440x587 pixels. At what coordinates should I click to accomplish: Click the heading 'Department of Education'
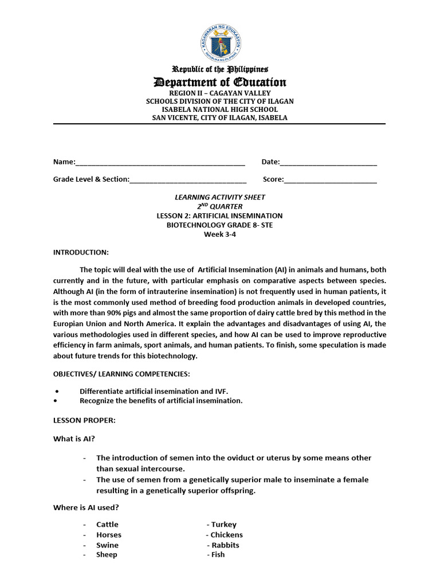[219, 82]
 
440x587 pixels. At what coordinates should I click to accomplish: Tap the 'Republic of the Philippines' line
[219, 69]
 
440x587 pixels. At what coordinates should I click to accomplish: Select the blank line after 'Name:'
[160, 163]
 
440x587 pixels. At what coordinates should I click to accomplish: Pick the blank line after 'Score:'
[330, 180]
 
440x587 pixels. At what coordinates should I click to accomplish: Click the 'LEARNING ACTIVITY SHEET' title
[219, 197]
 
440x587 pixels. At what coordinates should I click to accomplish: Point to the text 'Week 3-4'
[219, 234]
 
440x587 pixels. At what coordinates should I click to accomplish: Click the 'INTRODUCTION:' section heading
[81, 252]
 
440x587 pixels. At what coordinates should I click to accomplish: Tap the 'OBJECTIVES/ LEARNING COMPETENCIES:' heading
[121, 374]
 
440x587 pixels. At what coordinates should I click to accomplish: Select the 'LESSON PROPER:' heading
[84, 421]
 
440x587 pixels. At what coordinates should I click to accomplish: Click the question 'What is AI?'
[74, 439]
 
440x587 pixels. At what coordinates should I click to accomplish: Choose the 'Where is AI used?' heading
[86, 507]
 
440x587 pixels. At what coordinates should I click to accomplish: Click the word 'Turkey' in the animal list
[223, 525]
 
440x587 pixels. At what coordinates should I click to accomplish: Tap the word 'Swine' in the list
[107, 545]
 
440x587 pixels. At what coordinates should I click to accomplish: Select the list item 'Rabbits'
[225, 545]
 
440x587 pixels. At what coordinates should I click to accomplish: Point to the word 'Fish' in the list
[218, 555]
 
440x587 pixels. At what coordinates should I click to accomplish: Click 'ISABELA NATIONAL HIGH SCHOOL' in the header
[219, 109]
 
